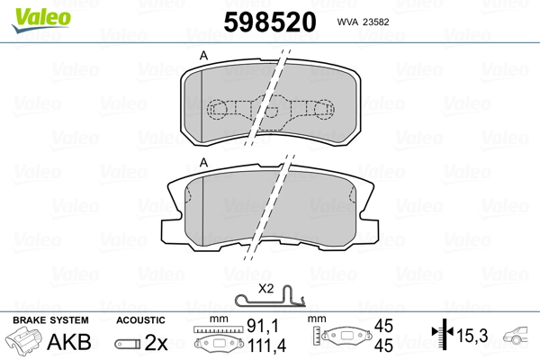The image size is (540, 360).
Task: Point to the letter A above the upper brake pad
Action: click(x=204, y=57)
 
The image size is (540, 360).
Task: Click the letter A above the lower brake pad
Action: click(x=204, y=162)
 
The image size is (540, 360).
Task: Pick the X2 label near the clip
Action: click(x=265, y=289)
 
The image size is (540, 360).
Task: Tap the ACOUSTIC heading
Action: click(x=141, y=320)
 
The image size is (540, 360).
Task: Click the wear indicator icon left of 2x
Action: click(x=127, y=343)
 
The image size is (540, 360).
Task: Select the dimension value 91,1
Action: click(x=258, y=328)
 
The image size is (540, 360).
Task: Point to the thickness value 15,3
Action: click(x=472, y=337)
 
